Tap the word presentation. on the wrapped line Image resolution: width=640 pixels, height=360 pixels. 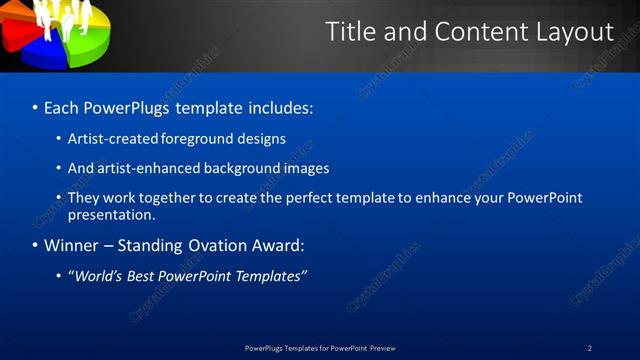(x=112, y=214)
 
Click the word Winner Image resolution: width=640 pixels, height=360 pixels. (x=72, y=245)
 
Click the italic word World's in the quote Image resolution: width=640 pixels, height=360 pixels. (x=98, y=276)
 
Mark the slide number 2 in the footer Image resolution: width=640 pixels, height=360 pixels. (x=589, y=348)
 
